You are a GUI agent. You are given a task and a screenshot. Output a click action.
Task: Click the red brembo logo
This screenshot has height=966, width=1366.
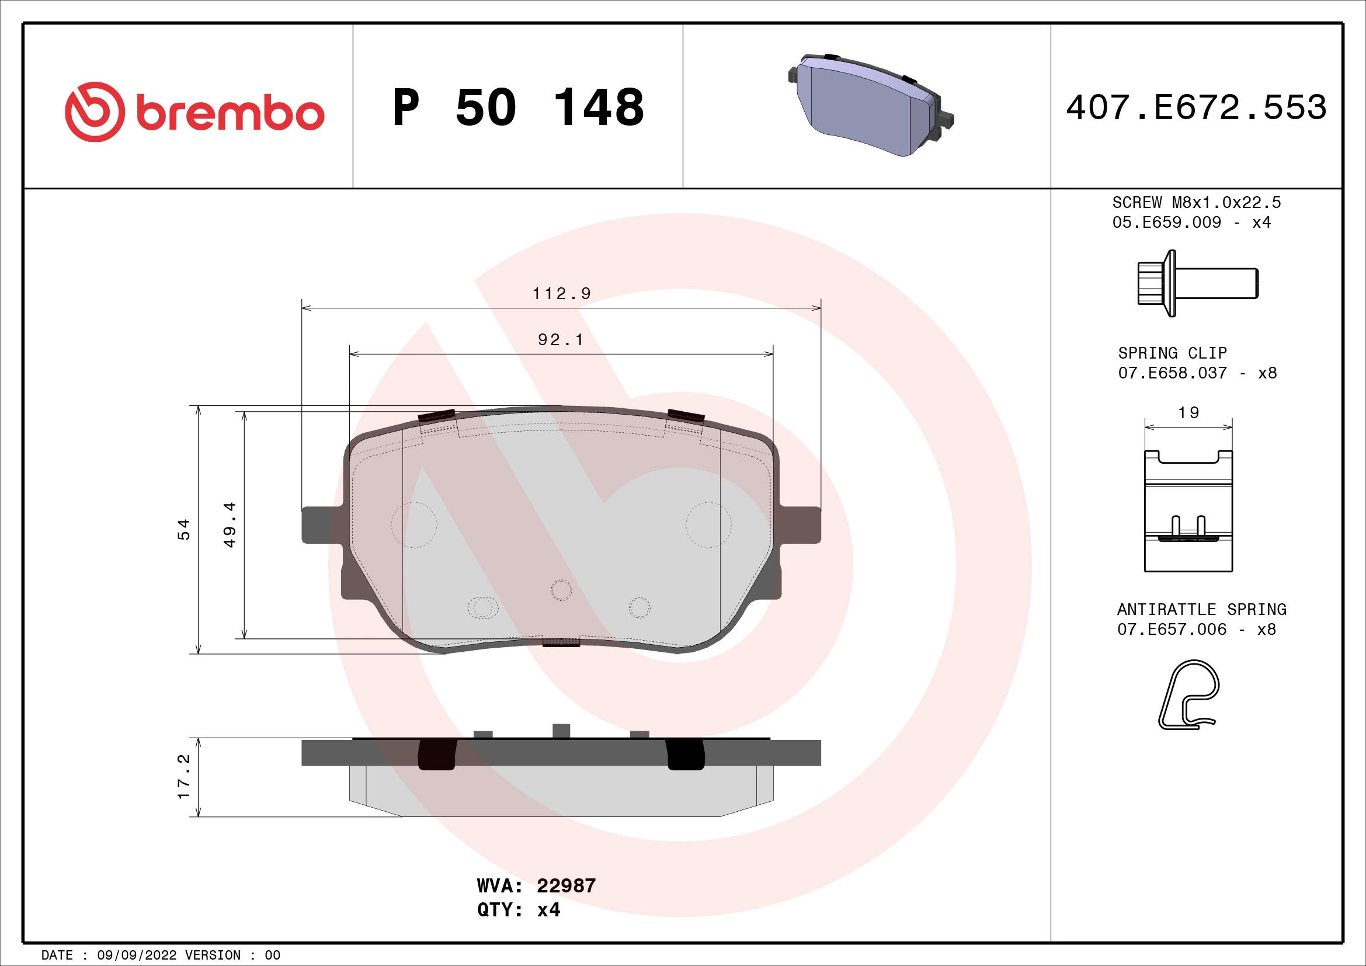pyautogui.click(x=194, y=112)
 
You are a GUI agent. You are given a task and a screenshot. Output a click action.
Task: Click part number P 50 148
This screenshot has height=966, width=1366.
pyautogui.click(x=517, y=107)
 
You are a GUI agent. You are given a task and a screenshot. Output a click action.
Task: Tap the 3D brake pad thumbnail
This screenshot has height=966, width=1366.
pyautogui.click(x=870, y=105)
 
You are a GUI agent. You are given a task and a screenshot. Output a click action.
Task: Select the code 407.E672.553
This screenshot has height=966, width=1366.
pyautogui.click(x=1196, y=107)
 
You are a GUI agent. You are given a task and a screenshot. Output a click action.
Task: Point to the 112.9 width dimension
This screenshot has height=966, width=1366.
pyautogui.click(x=561, y=294)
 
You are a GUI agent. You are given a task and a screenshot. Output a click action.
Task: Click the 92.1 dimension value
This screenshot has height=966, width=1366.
pyautogui.click(x=561, y=340)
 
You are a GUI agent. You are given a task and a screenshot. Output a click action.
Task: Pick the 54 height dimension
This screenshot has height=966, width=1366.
pyautogui.click(x=184, y=529)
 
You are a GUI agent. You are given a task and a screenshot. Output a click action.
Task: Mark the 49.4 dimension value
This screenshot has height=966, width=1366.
pyautogui.click(x=230, y=524)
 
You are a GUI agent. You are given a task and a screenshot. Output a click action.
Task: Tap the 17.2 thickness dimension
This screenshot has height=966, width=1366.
pyautogui.click(x=184, y=777)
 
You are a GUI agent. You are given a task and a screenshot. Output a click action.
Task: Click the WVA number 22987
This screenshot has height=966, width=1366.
pyautogui.click(x=566, y=886)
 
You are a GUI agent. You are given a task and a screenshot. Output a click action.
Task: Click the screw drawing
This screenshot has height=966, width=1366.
pyautogui.click(x=1197, y=283)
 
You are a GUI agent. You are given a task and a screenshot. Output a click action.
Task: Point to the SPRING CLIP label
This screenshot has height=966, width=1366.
pyautogui.click(x=1172, y=353)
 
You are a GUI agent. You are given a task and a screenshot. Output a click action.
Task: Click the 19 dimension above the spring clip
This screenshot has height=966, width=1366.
pyautogui.click(x=1188, y=412)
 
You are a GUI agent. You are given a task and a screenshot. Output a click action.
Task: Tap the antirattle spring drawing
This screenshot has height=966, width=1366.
pyautogui.click(x=1188, y=694)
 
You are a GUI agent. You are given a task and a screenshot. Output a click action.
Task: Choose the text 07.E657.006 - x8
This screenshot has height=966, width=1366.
pyautogui.click(x=1197, y=630)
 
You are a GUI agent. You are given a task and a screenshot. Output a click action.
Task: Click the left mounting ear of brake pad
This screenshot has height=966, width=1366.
pyautogui.click(x=322, y=524)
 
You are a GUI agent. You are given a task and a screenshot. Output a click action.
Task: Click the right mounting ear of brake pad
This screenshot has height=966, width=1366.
pyautogui.click(x=800, y=524)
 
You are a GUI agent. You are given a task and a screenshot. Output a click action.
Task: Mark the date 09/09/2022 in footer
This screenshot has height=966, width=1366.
pyautogui.click(x=137, y=955)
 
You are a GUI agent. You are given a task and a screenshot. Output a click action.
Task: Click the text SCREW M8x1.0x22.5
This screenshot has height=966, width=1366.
pyautogui.click(x=1197, y=203)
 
